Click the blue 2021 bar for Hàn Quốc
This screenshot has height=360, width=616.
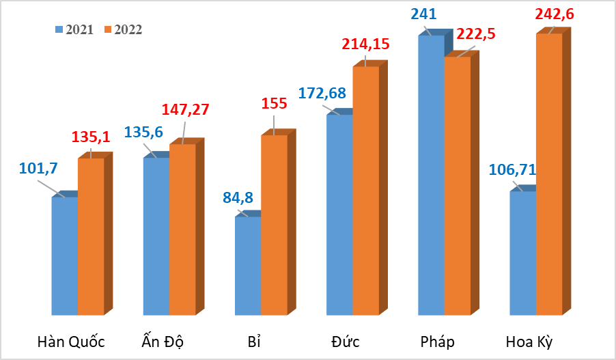point(65,256)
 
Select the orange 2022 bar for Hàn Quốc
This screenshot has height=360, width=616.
point(91,236)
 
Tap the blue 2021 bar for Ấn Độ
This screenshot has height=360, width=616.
point(156,236)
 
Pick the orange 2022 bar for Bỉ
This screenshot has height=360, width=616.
point(274,225)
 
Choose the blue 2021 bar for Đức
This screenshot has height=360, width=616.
point(339,214)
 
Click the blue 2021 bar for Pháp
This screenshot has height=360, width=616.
point(431,175)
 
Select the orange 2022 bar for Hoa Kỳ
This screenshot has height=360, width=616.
point(549,174)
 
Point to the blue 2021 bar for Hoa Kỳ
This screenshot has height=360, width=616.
point(523,253)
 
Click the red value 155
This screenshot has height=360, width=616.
point(274,105)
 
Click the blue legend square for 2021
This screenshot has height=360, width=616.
point(59,29)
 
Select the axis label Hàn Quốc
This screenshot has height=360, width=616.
point(72,342)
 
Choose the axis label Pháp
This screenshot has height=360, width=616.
point(438,342)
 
